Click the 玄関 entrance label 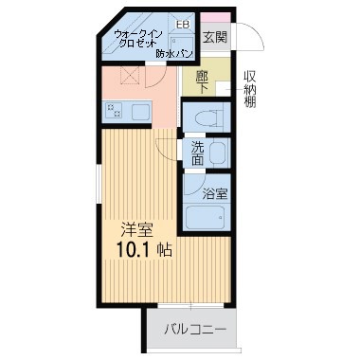[x=215, y=37]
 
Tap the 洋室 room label [x=137, y=230]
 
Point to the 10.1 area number [x=135, y=250]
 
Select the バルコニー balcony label [x=195, y=330]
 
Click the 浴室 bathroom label [x=215, y=194]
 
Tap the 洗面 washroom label [x=198, y=153]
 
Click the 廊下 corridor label [x=202, y=82]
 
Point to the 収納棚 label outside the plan [x=249, y=89]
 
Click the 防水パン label [x=174, y=54]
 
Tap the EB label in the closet [x=183, y=25]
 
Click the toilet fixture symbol [x=208, y=117]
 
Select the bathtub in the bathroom [x=206, y=218]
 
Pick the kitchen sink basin [x=140, y=112]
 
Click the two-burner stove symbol [x=115, y=112]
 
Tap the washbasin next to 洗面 [x=218, y=153]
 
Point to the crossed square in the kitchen [x=130, y=76]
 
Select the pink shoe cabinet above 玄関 [x=216, y=18]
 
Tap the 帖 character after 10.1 [x=165, y=250]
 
